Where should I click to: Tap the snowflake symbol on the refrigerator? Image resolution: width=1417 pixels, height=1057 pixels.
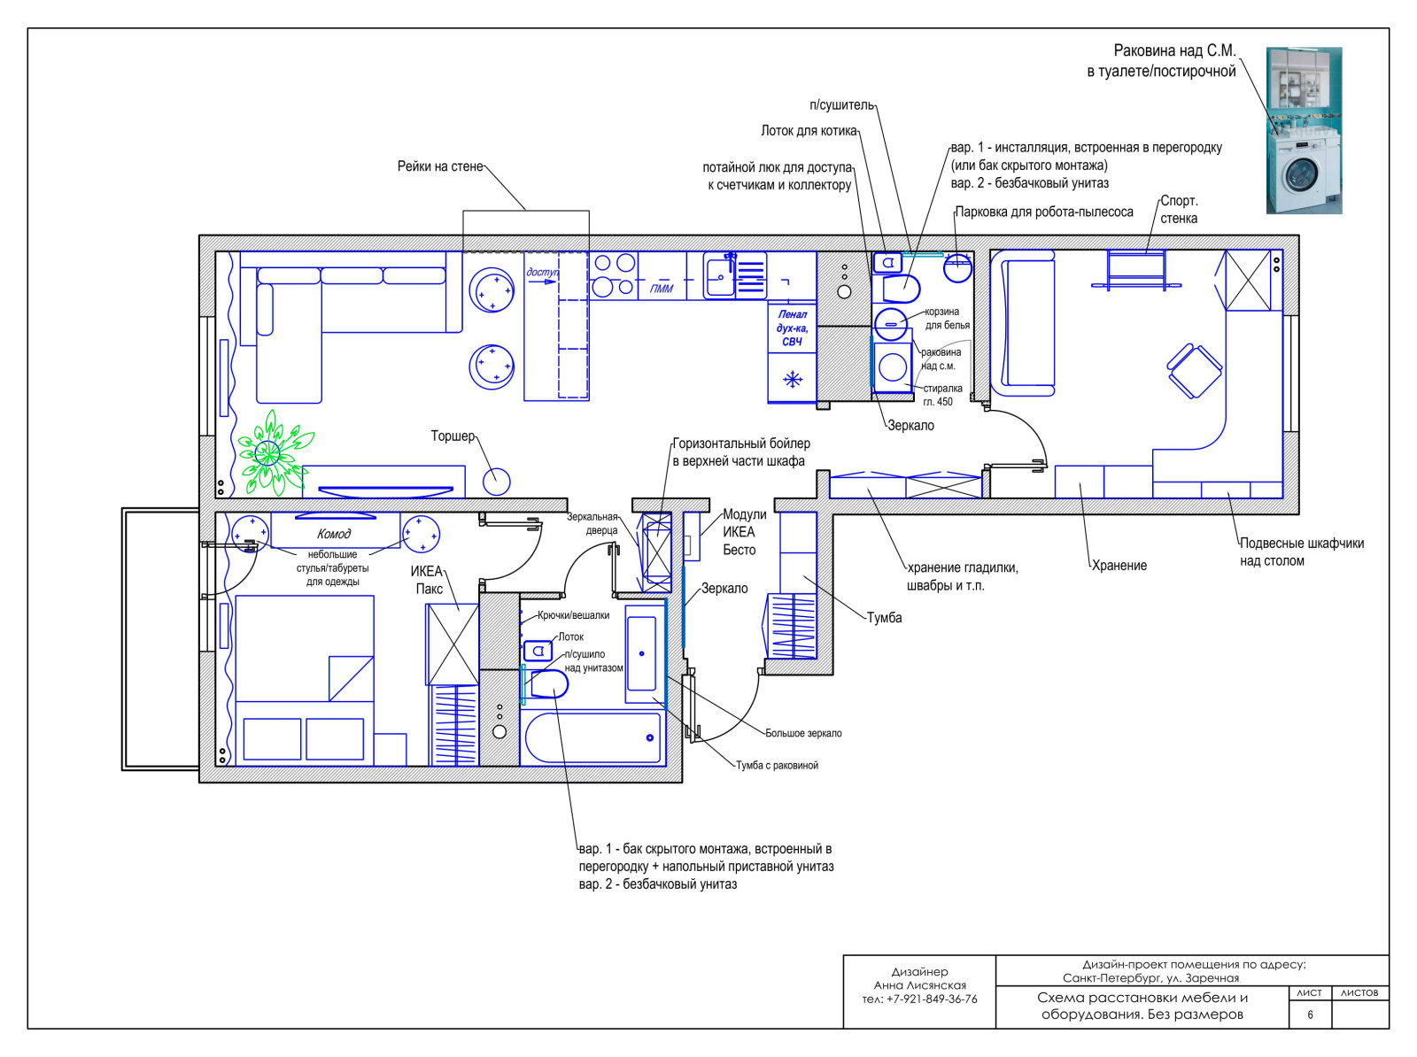click(x=792, y=379)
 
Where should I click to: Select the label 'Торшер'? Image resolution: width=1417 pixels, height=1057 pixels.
click(x=453, y=436)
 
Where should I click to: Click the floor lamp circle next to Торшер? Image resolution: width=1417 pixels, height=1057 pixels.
click(x=497, y=482)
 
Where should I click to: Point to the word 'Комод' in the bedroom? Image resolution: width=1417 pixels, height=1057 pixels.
click(x=334, y=534)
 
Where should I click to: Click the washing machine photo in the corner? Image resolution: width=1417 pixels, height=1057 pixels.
click(x=1304, y=130)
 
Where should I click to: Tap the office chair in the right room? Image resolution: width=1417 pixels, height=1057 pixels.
click(x=1194, y=370)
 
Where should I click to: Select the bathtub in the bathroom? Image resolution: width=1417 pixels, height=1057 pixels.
click(x=592, y=737)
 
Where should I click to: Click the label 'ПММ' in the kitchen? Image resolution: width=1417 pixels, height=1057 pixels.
click(x=661, y=289)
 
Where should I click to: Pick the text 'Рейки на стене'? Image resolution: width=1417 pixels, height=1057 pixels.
click(x=440, y=166)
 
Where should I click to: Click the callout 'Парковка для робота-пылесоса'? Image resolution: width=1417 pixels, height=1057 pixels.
click(x=1044, y=212)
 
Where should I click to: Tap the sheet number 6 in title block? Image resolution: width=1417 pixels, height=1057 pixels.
click(x=1310, y=1015)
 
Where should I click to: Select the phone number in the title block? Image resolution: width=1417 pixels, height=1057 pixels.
click(x=919, y=999)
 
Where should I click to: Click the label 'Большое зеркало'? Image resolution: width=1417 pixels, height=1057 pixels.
click(x=803, y=733)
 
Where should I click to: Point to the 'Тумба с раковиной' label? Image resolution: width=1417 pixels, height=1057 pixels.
click(x=777, y=766)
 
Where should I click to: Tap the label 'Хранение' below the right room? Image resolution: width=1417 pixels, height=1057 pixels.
click(x=1119, y=566)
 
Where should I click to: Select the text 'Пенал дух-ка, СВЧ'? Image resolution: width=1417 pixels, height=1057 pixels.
click(x=792, y=328)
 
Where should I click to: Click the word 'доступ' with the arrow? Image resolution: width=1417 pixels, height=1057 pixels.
click(x=542, y=273)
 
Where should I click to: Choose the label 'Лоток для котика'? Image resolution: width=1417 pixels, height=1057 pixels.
click(x=809, y=131)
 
